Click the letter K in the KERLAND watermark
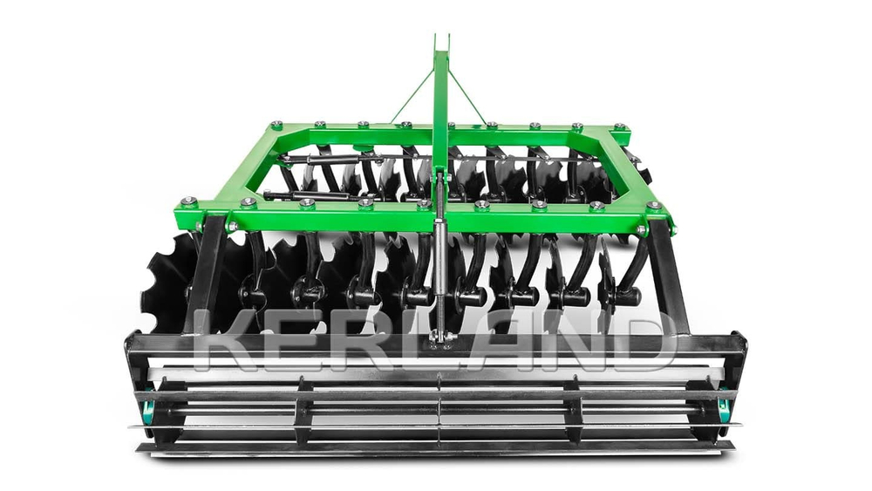coord(228,339)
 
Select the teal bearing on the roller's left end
coord(148,412)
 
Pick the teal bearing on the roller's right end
coord(724,411)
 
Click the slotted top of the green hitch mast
coord(441,44)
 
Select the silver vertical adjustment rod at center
coord(439,267)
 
